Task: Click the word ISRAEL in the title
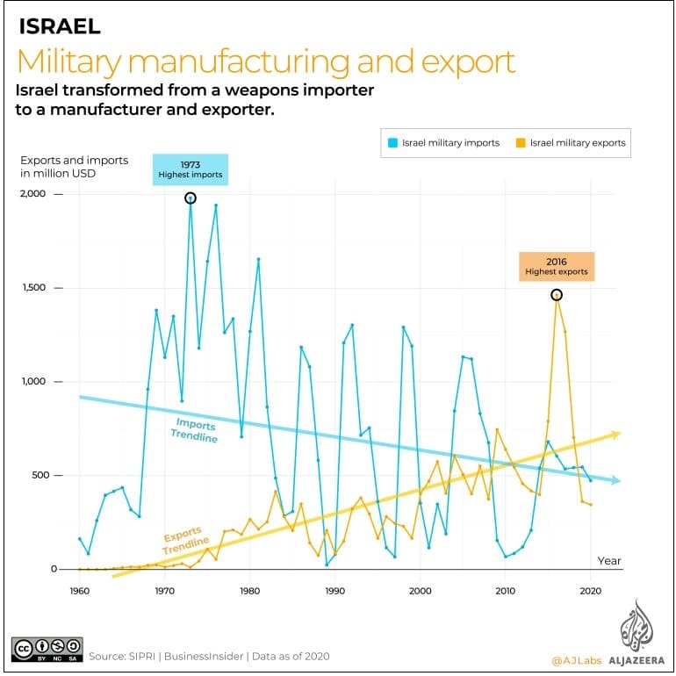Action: (60, 27)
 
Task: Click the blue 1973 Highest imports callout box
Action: (191, 169)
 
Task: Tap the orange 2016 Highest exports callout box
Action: (557, 266)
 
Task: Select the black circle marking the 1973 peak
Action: (191, 198)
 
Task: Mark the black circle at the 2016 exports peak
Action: (557, 295)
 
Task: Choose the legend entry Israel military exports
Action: (572, 142)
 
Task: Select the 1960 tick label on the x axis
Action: (79, 590)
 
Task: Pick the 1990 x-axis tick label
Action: (334, 590)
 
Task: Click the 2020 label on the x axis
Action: (590, 590)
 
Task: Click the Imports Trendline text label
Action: (191, 431)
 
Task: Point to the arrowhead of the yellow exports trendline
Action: (615, 435)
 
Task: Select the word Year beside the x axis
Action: (609, 560)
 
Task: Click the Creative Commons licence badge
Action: (47, 649)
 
